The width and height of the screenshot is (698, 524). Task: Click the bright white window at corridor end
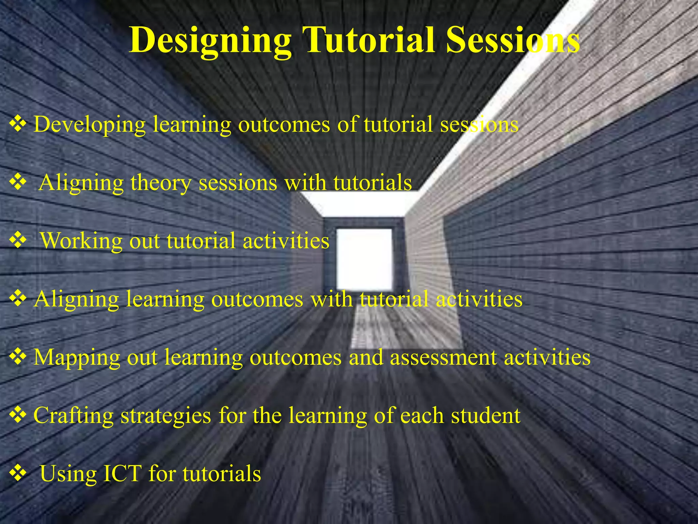point(364,259)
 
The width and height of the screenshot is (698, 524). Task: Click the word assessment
point(443,358)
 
